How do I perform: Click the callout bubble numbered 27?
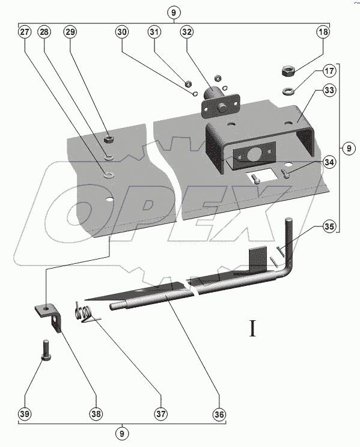pos(25,32)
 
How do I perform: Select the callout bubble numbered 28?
pos(44,32)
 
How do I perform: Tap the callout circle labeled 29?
pos(70,32)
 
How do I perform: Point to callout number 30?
pos(122,32)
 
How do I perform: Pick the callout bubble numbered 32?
pos(186,32)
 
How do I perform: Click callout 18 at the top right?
pos(323,32)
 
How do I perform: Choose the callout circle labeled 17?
pos(329,70)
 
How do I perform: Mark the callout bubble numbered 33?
pos(329,90)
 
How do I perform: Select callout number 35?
pos(329,227)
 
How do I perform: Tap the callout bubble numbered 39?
pos(25,413)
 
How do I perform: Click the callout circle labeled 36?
pos(219,413)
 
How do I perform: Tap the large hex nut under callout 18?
pos(288,71)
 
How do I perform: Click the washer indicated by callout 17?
pos(288,91)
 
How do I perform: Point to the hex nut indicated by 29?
pos(108,139)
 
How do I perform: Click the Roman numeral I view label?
pos(252,329)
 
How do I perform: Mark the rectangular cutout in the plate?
pos(263,176)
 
